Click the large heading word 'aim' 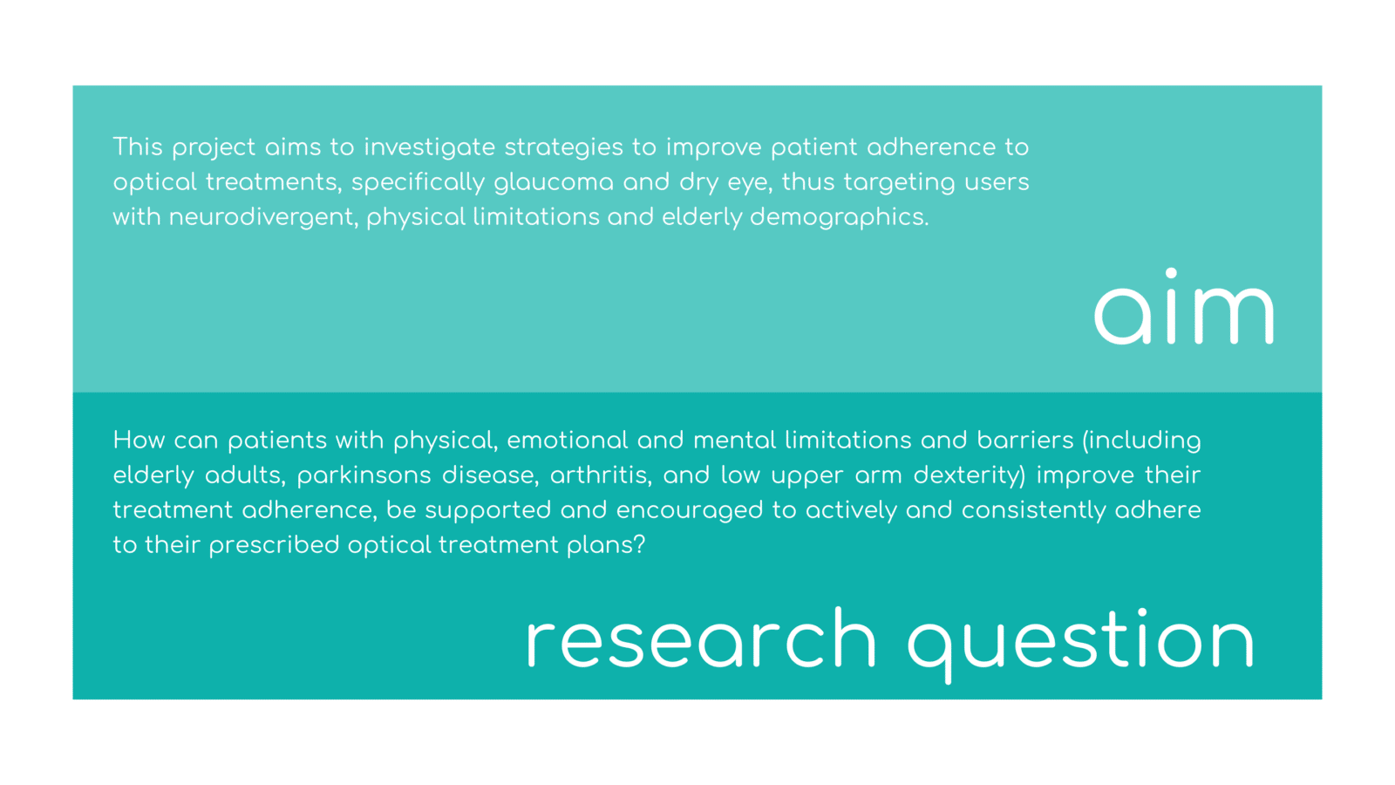point(1184,306)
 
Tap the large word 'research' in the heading point(701,638)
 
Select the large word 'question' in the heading point(1080,645)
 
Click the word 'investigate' point(430,148)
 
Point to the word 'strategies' point(563,148)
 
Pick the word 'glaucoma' point(554,183)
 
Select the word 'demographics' point(839,218)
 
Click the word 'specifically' point(418,183)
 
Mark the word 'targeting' point(899,183)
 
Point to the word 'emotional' point(568,440)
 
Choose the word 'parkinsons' point(364,476)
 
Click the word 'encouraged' point(690,511)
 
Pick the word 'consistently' point(1033,511)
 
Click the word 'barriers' point(1025,440)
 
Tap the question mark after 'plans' point(639,545)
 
